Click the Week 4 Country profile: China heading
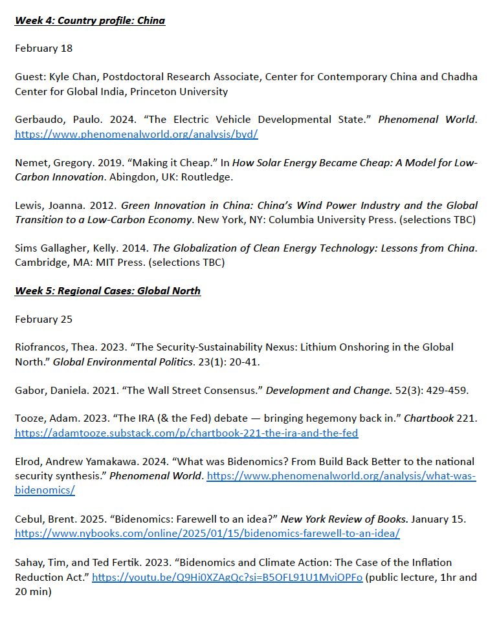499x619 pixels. click(90, 21)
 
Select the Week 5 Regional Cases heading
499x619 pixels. click(107, 291)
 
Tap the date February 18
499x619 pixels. click(43, 48)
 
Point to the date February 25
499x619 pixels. click(43, 319)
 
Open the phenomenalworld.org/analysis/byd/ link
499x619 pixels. click(137, 135)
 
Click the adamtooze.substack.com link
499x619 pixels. click(186, 433)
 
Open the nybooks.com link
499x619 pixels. click(207, 534)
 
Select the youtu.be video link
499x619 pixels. click(227, 578)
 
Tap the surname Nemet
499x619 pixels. click(30, 162)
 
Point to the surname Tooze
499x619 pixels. click(29, 418)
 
